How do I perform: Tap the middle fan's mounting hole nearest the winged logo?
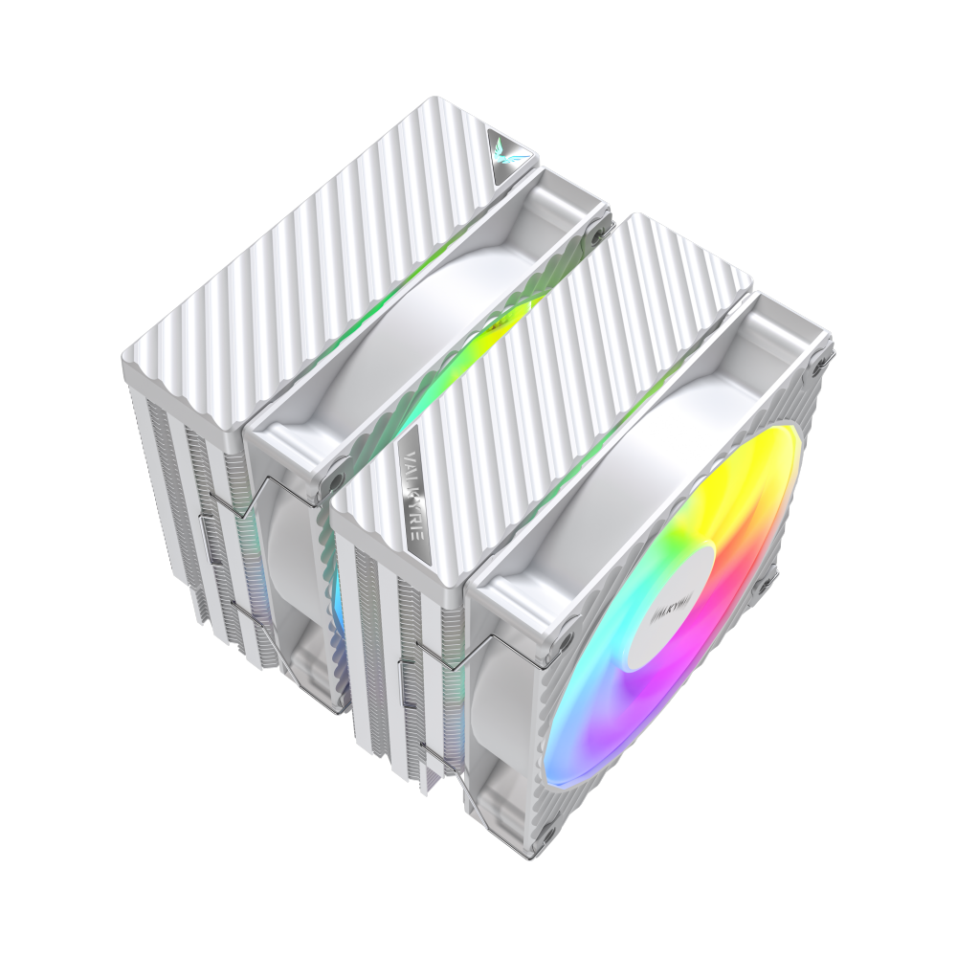pyautogui.click(x=602, y=228)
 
